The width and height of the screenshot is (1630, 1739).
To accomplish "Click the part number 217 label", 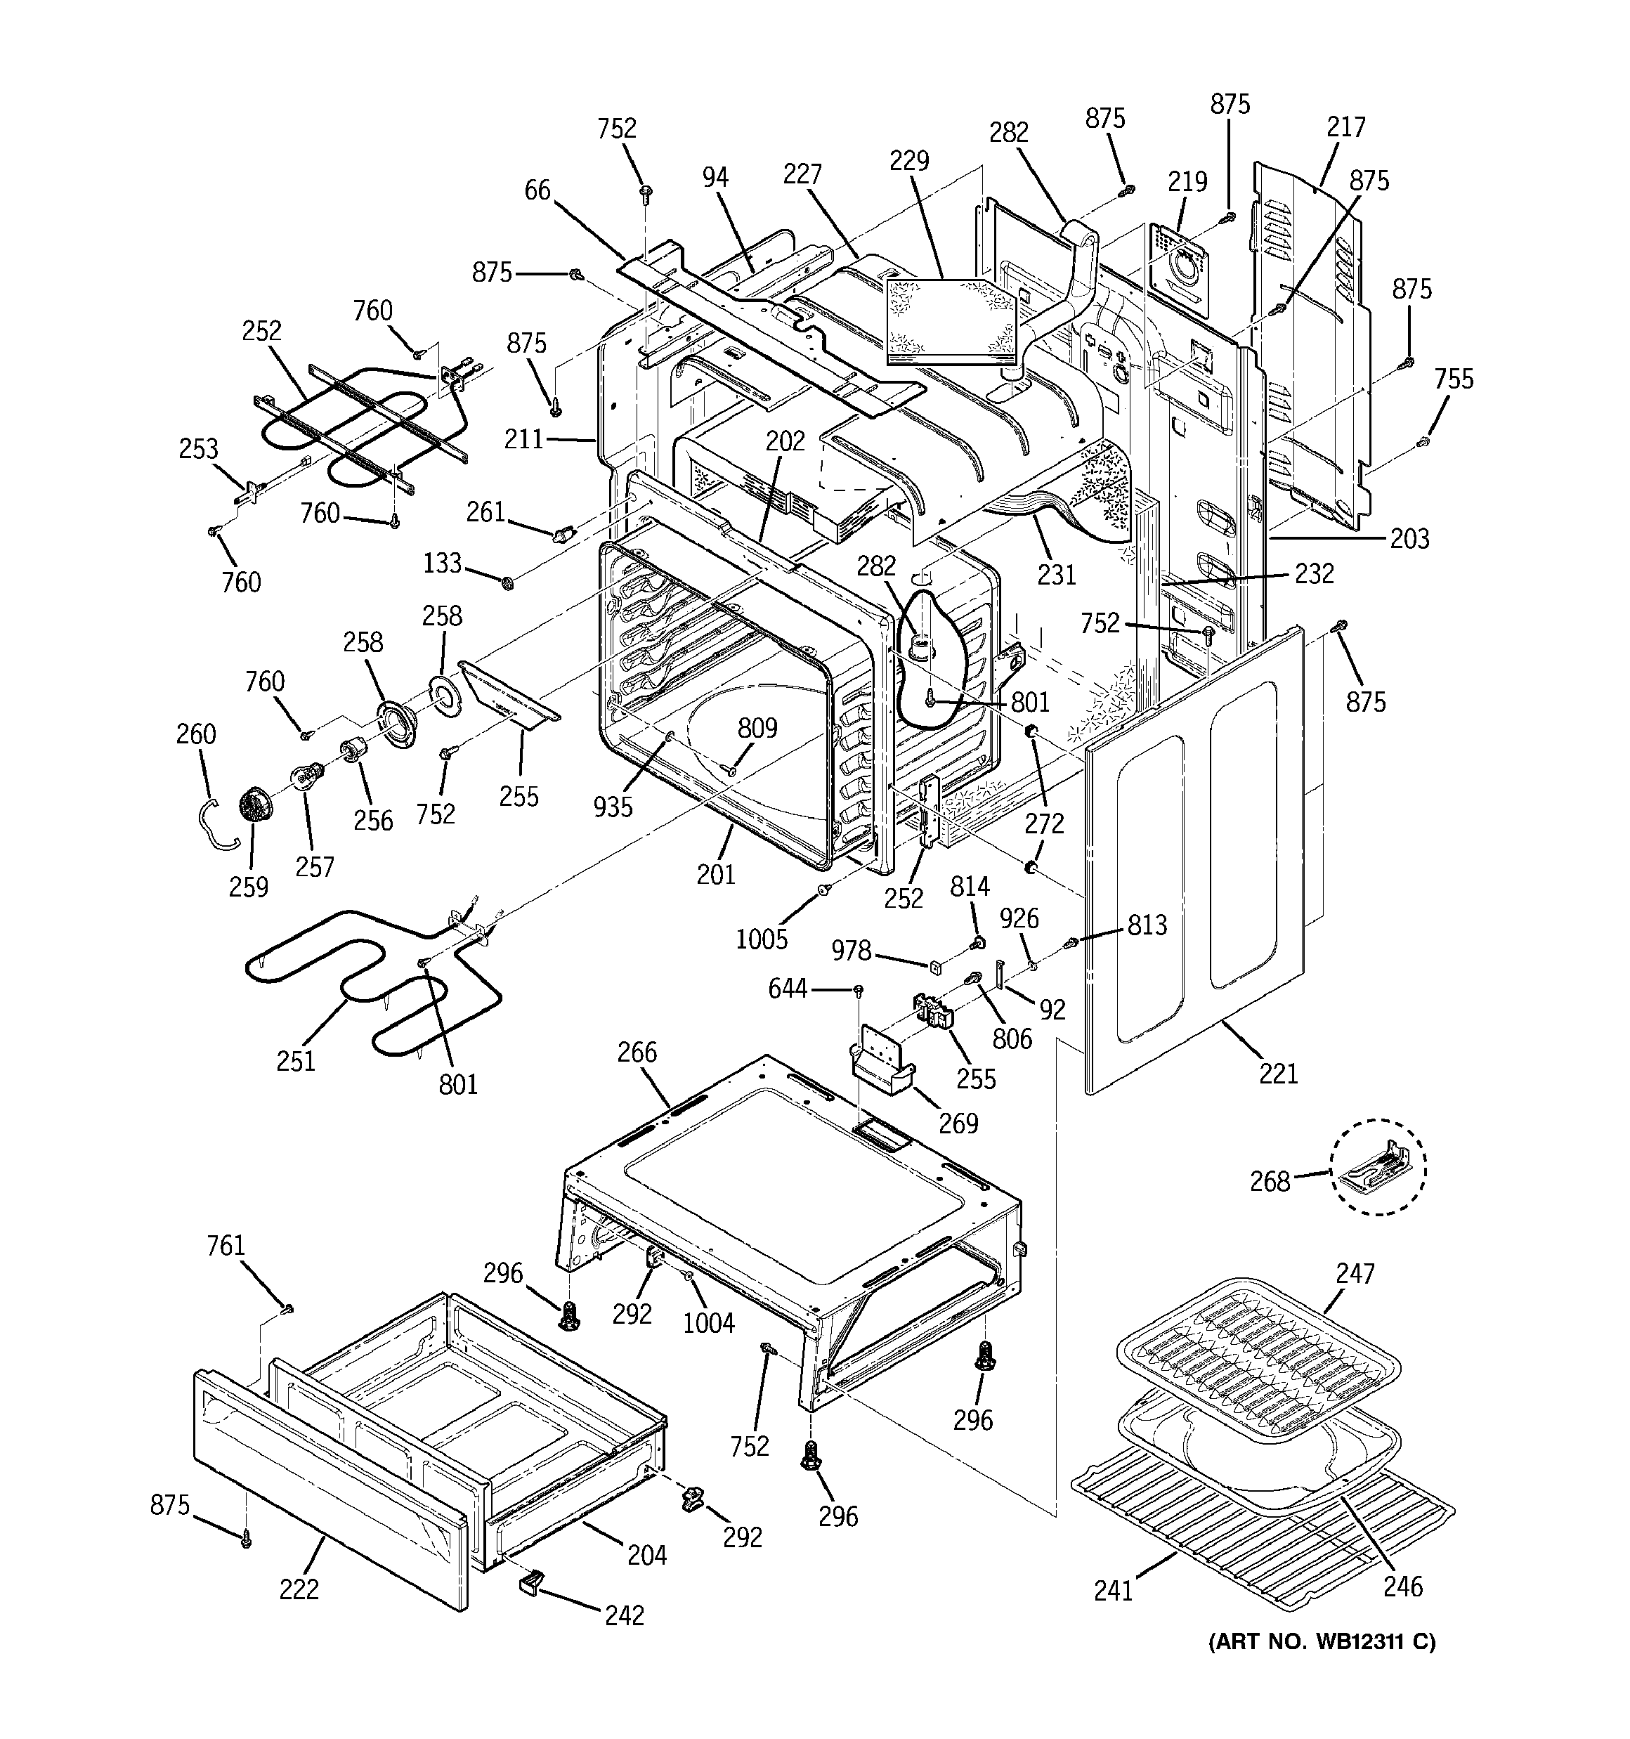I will click(x=1345, y=128).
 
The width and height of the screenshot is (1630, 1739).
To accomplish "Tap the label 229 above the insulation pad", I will click(x=909, y=161).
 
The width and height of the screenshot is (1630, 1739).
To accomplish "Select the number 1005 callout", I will click(x=761, y=939).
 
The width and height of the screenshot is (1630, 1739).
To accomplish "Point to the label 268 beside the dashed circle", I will click(x=1270, y=1182).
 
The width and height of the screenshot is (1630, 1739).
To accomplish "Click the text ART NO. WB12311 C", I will click(x=1321, y=1642).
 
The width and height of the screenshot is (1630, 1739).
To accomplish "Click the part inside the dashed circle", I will click(x=1378, y=1168).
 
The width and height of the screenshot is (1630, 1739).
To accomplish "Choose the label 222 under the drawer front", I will click(x=299, y=1589).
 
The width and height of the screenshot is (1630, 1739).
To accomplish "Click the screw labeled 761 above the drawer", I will click(x=288, y=1308).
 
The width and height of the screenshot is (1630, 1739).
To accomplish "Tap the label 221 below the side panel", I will click(x=1278, y=1072).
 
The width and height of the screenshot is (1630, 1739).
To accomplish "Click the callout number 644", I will click(x=788, y=989).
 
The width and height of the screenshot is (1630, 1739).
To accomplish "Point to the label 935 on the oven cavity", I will click(x=613, y=807).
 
